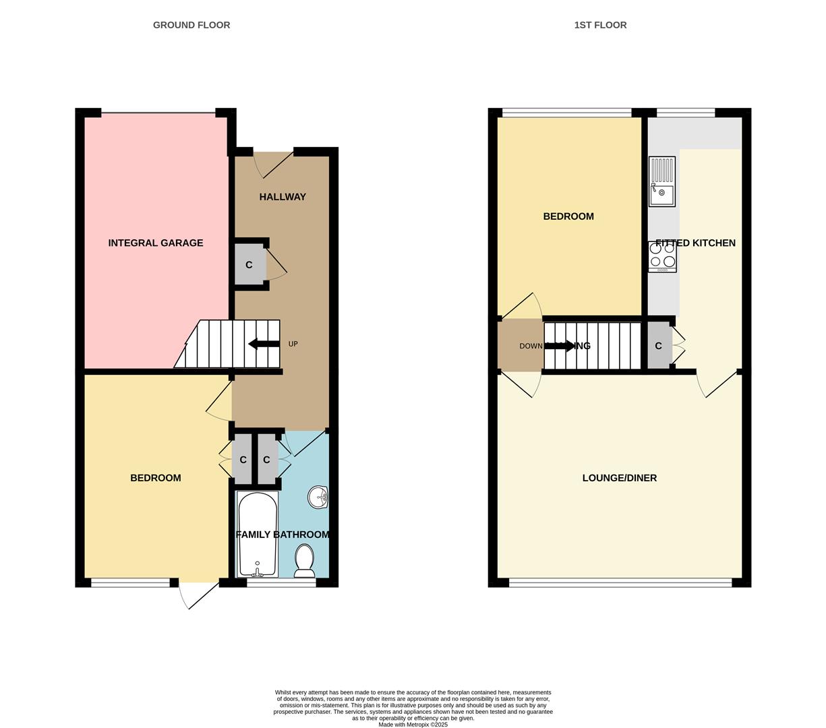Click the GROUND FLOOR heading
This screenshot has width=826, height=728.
click(191, 25)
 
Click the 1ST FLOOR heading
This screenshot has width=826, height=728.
click(600, 25)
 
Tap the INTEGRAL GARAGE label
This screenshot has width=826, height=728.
click(156, 243)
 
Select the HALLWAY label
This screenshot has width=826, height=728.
click(283, 197)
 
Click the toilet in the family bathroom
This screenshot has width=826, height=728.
click(305, 561)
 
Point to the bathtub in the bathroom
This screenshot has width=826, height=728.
click(258, 535)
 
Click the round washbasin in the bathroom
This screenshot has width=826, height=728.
click(318, 497)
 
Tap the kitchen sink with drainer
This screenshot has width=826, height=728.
click(661, 181)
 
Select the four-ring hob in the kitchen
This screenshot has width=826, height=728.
click(662, 256)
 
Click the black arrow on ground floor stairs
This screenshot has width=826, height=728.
click(264, 344)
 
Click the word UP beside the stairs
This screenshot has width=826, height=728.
click(293, 344)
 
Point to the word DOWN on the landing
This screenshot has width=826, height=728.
click(531, 346)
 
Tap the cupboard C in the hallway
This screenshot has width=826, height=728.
click(249, 265)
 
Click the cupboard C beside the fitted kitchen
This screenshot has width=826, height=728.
click(659, 346)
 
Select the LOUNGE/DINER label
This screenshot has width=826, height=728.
click(619, 478)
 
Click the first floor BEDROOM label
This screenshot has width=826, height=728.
click(568, 216)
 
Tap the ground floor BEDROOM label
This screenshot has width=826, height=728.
click(156, 478)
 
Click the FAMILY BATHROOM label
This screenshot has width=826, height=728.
click(283, 535)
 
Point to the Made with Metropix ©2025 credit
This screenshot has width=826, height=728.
click(413, 725)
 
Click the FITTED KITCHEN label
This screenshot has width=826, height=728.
click(695, 243)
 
